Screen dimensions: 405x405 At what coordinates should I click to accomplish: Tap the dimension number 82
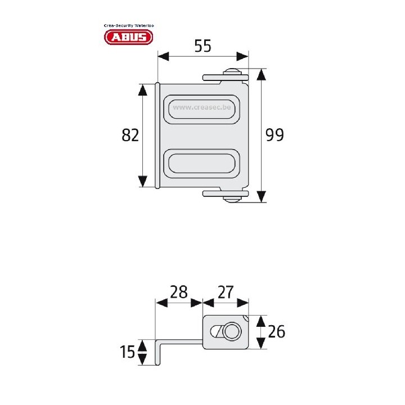tap(130, 136)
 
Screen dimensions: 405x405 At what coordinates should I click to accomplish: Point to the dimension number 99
tap(275, 136)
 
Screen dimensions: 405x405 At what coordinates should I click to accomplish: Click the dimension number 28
tap(178, 292)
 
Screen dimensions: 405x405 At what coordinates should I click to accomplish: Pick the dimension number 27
tap(225, 292)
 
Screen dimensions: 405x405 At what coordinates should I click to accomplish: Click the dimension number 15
tap(128, 352)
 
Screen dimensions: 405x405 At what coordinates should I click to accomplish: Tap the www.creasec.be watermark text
tap(203, 106)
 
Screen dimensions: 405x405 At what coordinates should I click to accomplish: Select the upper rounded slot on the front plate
tap(202, 107)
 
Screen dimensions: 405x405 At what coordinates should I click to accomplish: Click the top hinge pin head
tap(232, 71)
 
